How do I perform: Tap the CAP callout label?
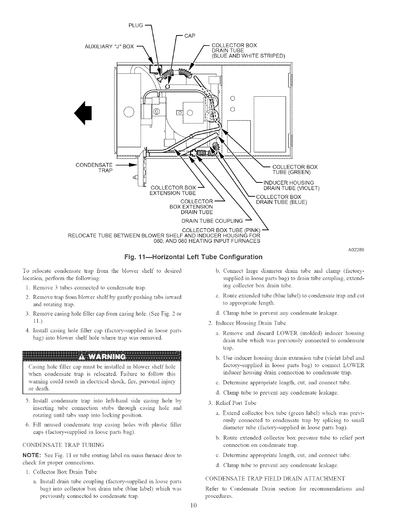(x=189, y=35)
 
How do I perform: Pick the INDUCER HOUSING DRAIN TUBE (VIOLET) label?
(x=291, y=185)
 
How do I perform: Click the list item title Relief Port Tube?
(x=236, y=403)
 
